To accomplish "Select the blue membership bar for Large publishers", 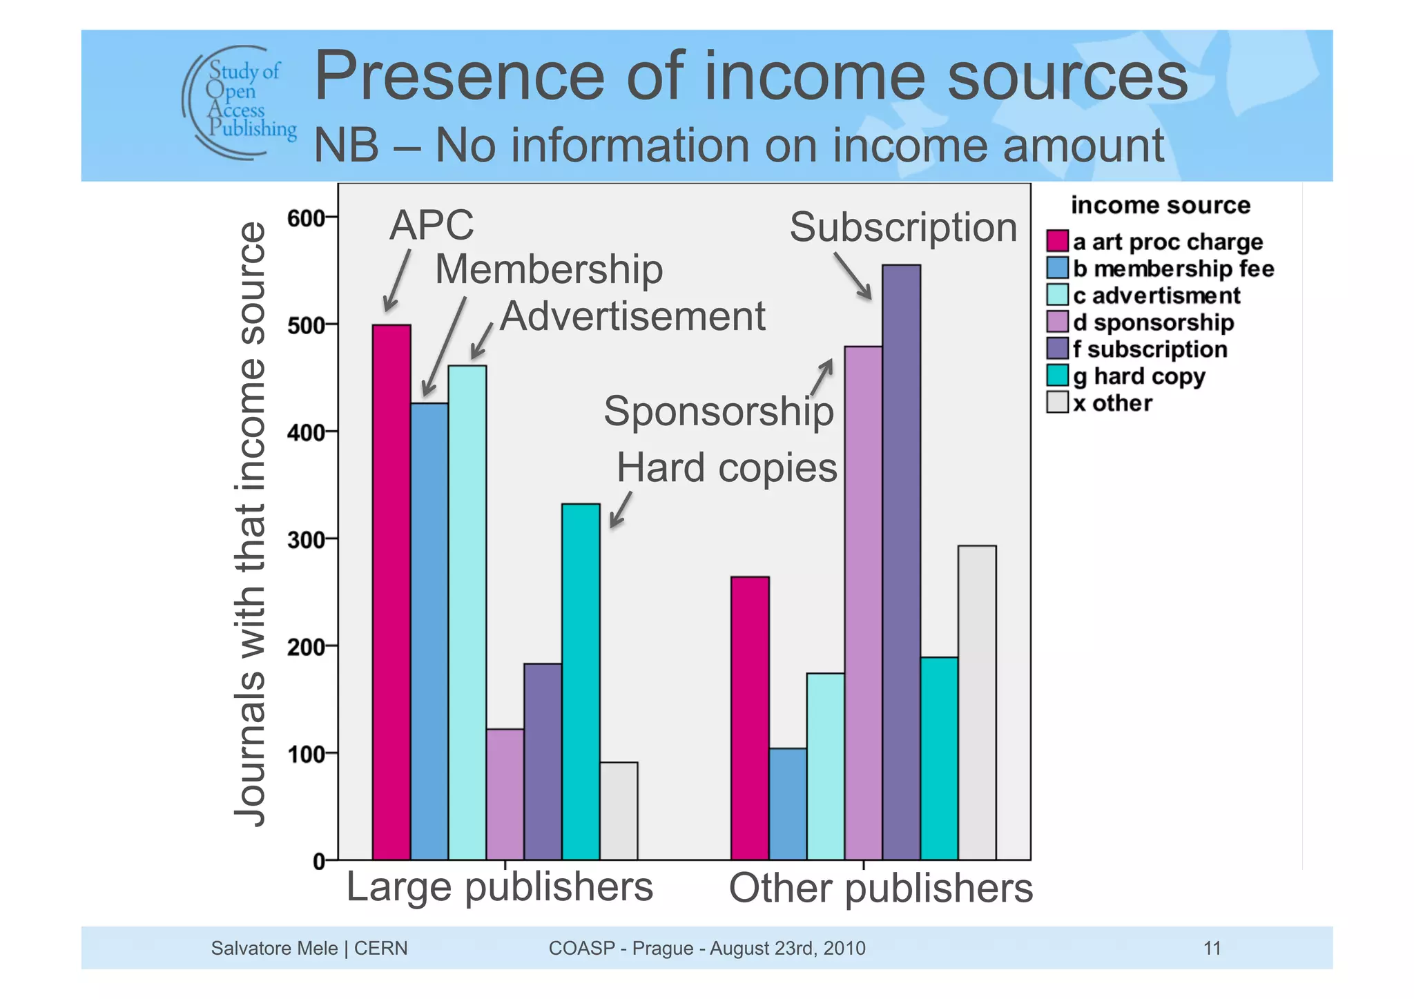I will (x=429, y=631).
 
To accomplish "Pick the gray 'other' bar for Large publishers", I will (x=619, y=811).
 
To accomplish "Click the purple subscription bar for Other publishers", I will (x=901, y=562).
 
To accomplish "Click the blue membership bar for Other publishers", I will (x=788, y=804).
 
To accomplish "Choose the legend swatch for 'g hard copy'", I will (x=1057, y=376).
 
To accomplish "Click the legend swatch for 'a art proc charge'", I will (x=1057, y=241).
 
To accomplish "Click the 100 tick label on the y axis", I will (x=306, y=753).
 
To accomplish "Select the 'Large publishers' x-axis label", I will (x=499, y=886).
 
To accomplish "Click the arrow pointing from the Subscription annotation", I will (x=852, y=275).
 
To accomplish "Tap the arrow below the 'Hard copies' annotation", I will (x=620, y=510).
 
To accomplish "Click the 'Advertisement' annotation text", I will (x=632, y=316).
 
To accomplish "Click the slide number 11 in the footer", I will (x=1212, y=948).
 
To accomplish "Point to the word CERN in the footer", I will (x=380, y=948).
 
